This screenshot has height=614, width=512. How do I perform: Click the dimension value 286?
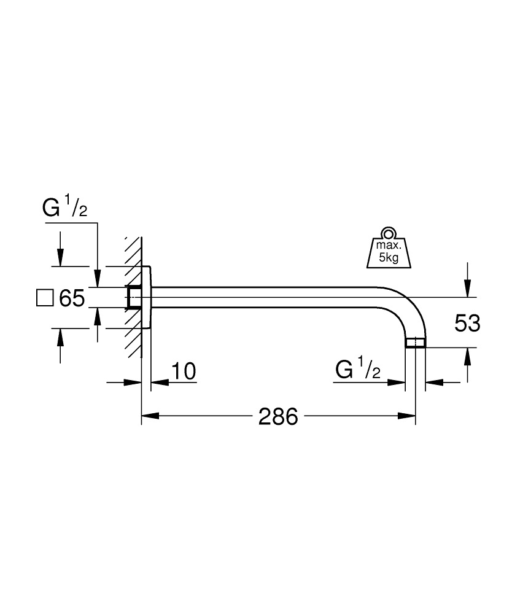(x=278, y=417)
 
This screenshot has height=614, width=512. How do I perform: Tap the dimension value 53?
(x=467, y=322)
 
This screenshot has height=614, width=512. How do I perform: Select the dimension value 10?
(x=183, y=371)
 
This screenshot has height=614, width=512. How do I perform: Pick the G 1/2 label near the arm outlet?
(x=358, y=370)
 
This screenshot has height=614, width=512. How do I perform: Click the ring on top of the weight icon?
(x=387, y=233)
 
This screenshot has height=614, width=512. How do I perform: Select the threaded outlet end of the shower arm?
(x=416, y=342)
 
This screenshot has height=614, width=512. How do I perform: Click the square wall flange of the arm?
(x=147, y=297)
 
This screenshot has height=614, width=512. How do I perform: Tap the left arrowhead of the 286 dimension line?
(x=147, y=418)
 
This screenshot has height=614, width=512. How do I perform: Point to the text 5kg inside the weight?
(x=389, y=258)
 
